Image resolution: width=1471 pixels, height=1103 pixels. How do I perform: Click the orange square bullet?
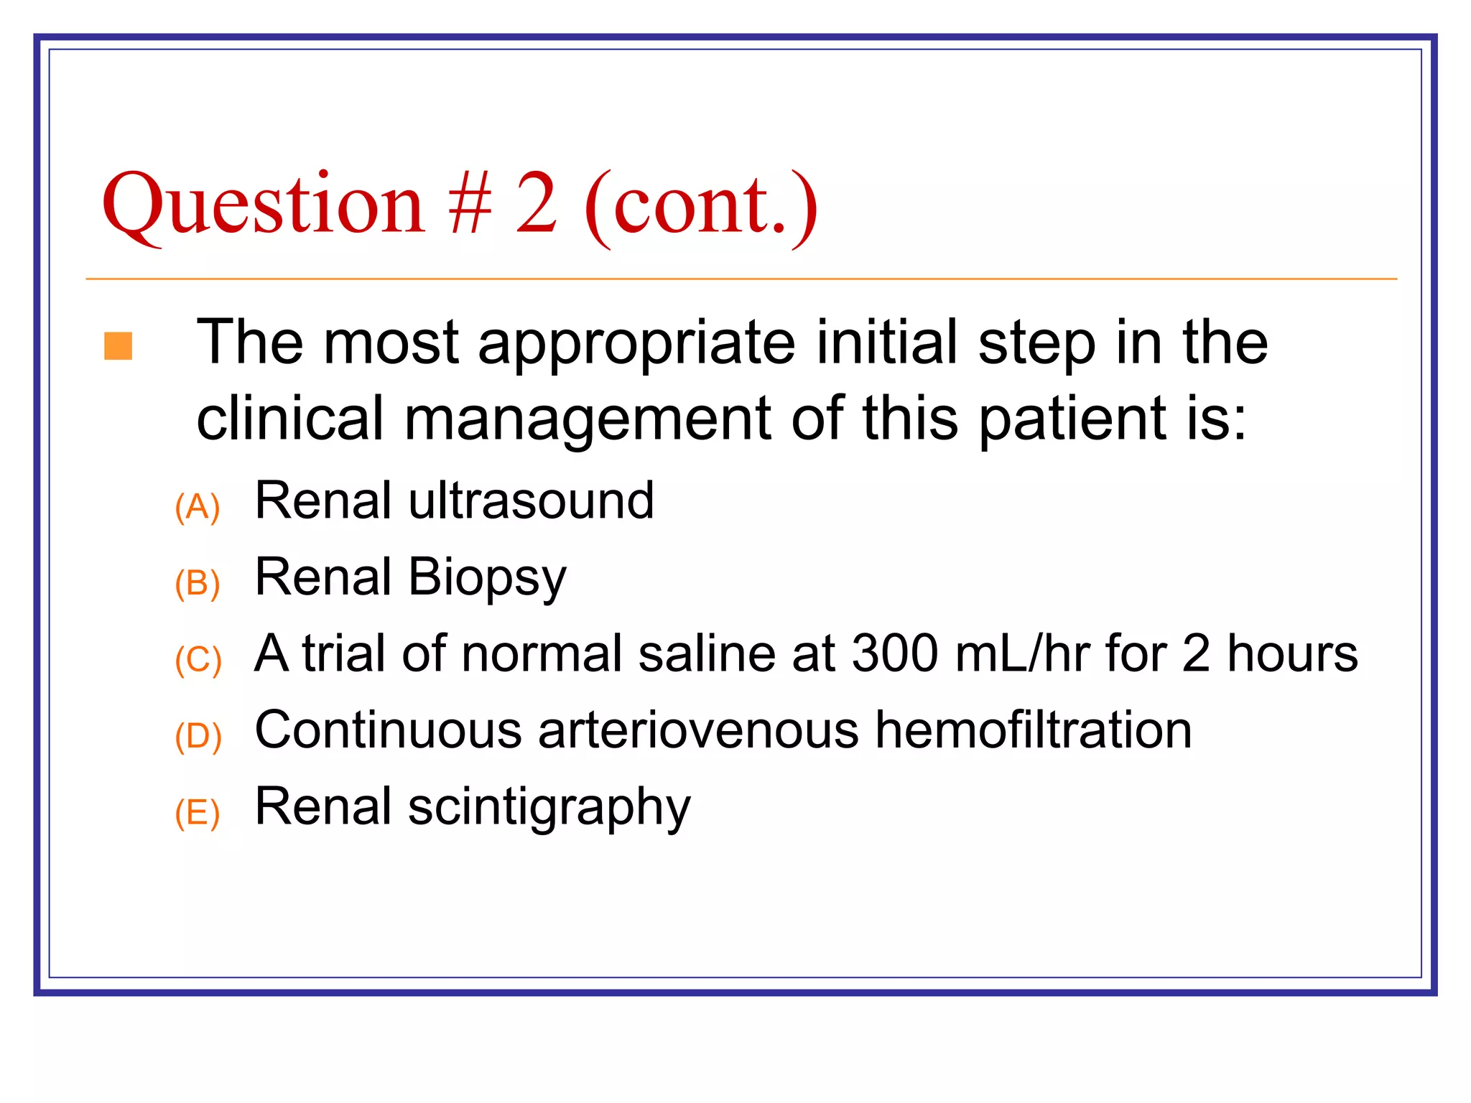(119, 345)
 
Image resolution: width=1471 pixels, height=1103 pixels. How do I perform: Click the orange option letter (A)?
(197, 508)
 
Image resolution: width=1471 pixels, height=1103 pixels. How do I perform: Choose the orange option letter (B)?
(197, 583)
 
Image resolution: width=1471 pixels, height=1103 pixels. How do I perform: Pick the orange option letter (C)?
(198, 660)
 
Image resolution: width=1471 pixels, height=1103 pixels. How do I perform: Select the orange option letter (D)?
(198, 737)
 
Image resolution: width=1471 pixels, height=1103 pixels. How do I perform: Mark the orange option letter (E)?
(197, 813)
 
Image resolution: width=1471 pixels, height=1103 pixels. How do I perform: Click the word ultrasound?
(531, 501)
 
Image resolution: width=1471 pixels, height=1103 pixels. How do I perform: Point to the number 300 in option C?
(895, 653)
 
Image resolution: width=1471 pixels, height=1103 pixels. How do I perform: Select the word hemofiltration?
(1034, 730)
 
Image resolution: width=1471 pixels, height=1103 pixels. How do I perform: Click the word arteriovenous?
(698, 730)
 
